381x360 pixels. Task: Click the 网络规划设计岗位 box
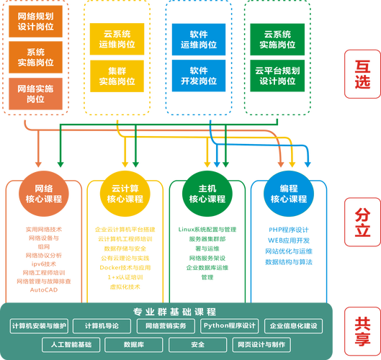pyautogui.click(x=35, y=21)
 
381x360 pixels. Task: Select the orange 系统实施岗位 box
pyautogui.click(x=35, y=57)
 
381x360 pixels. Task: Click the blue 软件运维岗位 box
pyautogui.click(x=199, y=38)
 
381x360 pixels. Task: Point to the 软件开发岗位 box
pyautogui.click(x=199, y=76)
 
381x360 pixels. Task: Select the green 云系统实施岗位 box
pyautogui.click(x=277, y=38)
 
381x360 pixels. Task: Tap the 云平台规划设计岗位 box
pyautogui.click(x=277, y=76)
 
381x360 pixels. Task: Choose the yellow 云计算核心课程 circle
pyautogui.click(x=120, y=193)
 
